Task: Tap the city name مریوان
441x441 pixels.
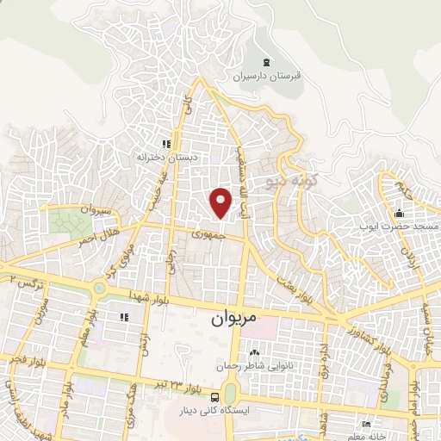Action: pos(233,318)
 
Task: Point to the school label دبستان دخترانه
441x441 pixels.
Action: pos(165,158)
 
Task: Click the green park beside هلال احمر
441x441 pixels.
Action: pos(65,220)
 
